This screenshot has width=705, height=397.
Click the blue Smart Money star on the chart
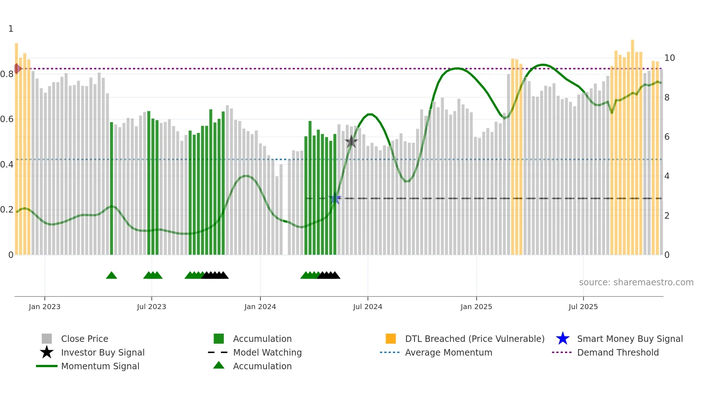(335, 198)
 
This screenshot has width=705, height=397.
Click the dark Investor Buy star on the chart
(351, 142)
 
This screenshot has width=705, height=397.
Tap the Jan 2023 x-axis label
(45, 307)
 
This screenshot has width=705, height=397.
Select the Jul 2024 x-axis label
(368, 307)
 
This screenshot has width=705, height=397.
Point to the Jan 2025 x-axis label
(476, 307)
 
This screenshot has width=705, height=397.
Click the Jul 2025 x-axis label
(583, 307)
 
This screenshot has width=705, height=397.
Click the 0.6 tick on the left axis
(7, 119)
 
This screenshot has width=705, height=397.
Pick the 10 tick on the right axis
(669, 58)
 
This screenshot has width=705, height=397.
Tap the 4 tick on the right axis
(667, 176)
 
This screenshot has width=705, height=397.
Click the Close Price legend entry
(85, 339)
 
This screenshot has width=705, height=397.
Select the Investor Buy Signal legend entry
(103, 352)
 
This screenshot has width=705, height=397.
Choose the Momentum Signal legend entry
(100, 366)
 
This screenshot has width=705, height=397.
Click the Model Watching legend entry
(267, 352)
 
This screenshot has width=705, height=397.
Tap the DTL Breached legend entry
(474, 339)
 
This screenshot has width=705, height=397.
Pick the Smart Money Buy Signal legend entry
(629, 339)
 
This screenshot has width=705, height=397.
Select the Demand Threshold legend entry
(618, 352)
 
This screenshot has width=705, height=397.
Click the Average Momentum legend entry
(449, 352)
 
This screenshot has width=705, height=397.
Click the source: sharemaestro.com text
(636, 282)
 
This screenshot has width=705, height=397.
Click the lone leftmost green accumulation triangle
(112, 275)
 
